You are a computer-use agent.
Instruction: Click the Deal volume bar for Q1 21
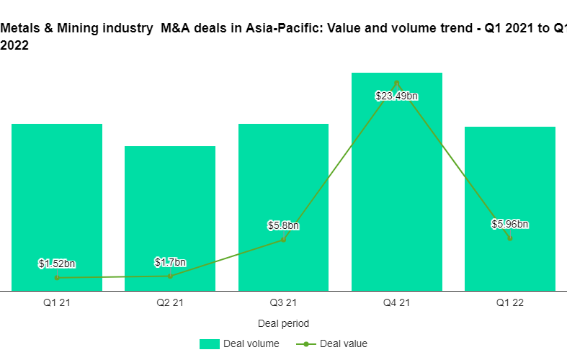(x=57, y=202)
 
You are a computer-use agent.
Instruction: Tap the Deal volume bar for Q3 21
(x=283, y=180)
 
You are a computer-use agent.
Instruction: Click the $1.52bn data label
(x=57, y=264)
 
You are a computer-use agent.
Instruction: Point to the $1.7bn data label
(x=170, y=262)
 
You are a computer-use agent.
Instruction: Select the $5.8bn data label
(x=283, y=226)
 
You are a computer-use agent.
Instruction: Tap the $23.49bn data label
(x=397, y=96)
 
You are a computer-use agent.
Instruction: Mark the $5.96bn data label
(x=510, y=224)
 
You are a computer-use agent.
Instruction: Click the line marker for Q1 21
(x=57, y=277)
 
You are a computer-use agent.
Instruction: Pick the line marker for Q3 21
(x=283, y=239)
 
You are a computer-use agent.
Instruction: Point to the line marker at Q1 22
(x=510, y=238)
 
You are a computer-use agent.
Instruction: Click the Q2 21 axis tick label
(x=170, y=303)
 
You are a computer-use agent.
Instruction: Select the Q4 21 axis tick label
(x=397, y=303)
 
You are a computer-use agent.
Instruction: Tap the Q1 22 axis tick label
(x=510, y=303)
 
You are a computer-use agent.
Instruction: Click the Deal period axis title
(x=283, y=324)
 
